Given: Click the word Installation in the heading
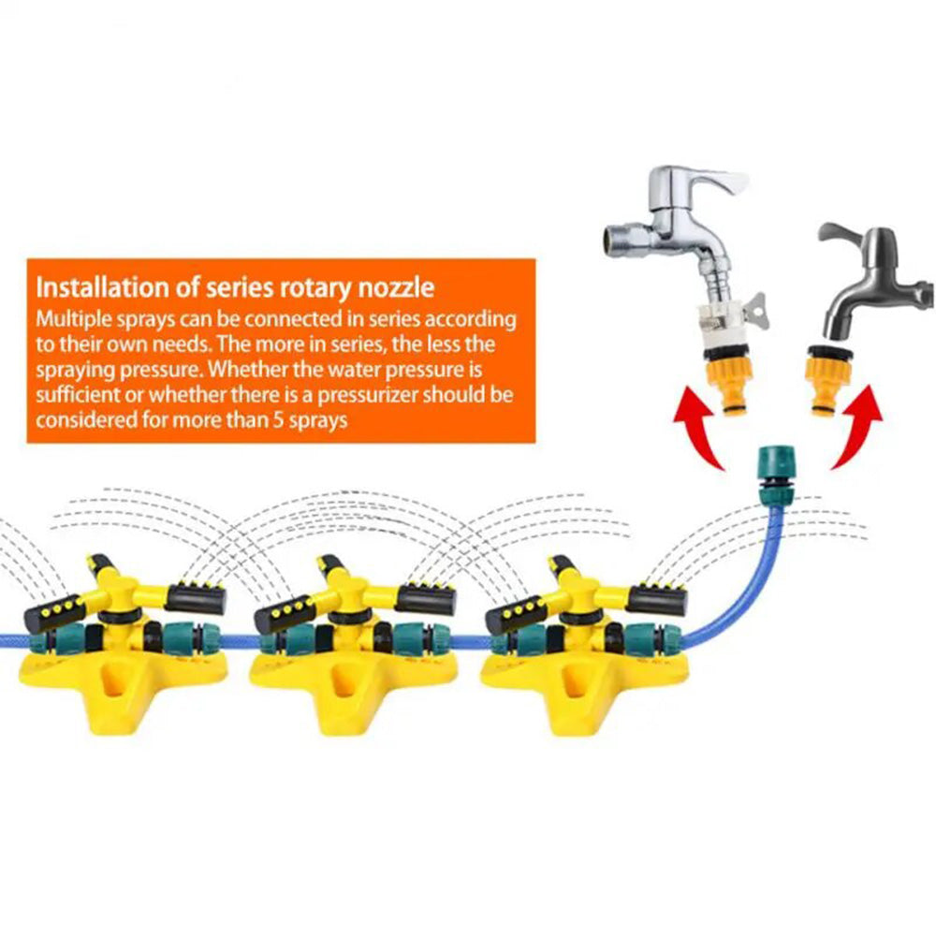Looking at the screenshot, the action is [x=102, y=287].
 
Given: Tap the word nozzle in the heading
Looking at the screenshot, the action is [x=395, y=287].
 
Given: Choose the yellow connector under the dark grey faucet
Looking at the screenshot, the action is [x=829, y=380].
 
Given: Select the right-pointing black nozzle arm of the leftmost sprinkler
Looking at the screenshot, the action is [x=197, y=600].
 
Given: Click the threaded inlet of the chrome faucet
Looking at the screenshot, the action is [x=619, y=238].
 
